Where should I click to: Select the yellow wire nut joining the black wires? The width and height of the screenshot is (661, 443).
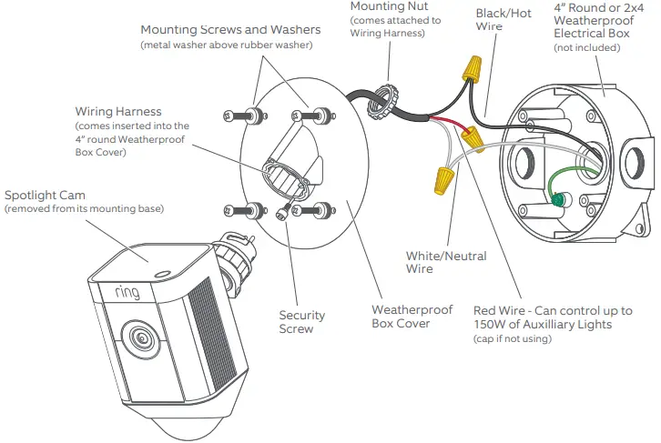tap(471, 67)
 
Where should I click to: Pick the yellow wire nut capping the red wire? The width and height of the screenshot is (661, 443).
tap(472, 138)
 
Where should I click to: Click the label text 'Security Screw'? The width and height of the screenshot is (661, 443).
tap(302, 322)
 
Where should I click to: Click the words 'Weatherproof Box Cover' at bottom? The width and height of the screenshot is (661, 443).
tap(399, 316)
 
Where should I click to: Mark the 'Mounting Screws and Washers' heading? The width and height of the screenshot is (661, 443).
tap(230, 31)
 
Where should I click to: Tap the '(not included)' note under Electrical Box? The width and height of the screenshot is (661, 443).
tap(593, 47)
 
